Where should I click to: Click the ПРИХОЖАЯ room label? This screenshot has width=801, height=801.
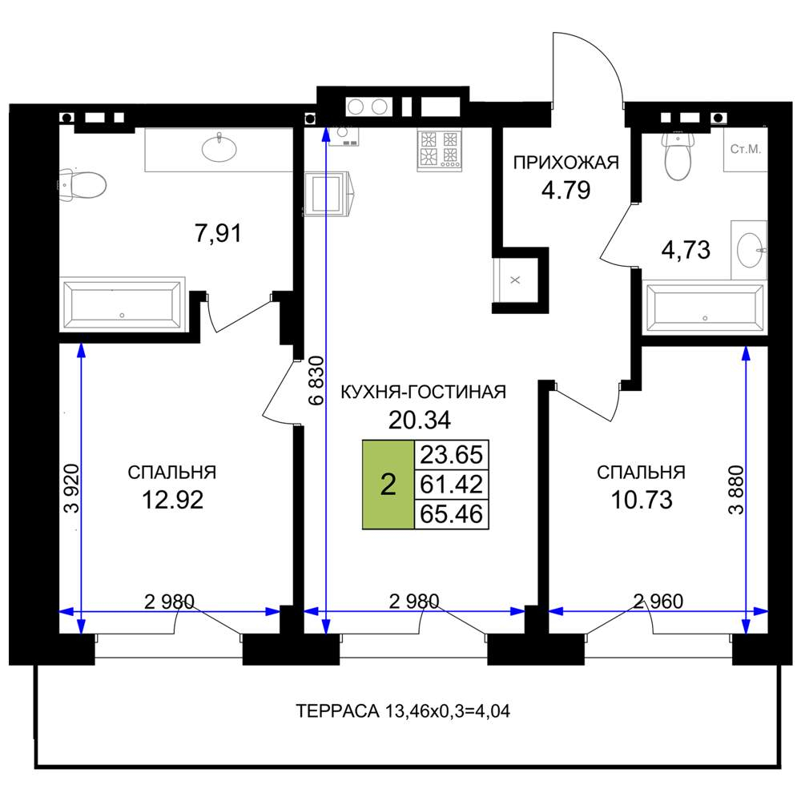pos(566,163)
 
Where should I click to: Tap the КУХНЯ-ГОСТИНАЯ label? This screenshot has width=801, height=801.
pos(423,392)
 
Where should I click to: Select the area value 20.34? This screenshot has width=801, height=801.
pos(420,421)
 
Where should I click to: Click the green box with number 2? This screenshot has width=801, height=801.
pos(388,485)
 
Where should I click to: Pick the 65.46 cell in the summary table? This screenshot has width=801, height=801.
pos(452,514)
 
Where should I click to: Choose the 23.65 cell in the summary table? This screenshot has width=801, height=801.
pos(452,455)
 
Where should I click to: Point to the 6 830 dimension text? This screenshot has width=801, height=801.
pos(316,380)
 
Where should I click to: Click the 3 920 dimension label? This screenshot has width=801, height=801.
pos(71,489)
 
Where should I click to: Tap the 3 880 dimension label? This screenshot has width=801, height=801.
pos(736,489)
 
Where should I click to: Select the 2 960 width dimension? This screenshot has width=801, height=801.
pos(658,602)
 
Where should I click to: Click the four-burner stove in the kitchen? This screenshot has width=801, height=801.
pos(439,151)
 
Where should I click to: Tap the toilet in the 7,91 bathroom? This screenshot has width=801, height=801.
pos(83,184)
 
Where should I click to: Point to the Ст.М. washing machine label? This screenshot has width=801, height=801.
pos(745,149)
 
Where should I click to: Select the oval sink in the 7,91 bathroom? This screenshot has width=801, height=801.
pos(219,148)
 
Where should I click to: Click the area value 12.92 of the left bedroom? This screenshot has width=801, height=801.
pos(173,500)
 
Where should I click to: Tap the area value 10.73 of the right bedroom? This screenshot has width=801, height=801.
pos(642,500)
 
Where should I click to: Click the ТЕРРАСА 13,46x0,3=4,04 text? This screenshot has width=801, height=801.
pos(403,711)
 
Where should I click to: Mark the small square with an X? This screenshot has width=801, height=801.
pos(515,280)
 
